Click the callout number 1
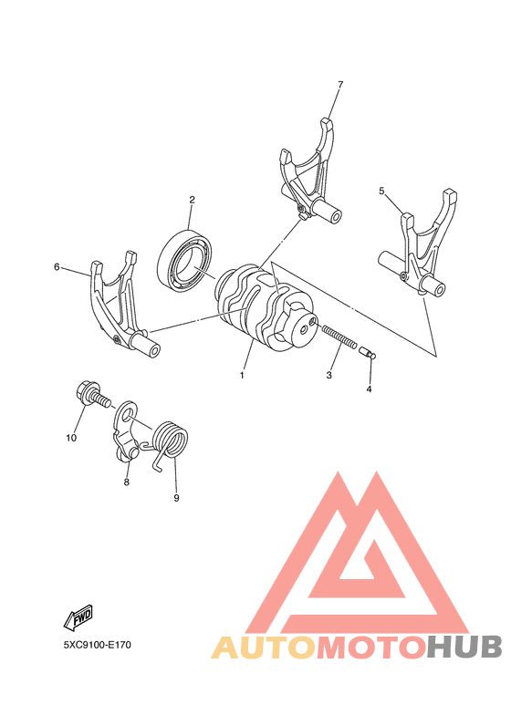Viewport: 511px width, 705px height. pos(243,375)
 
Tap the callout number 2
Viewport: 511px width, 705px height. pos(193,199)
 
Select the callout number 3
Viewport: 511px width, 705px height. pos(329,375)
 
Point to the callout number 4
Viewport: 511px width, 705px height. pos(370,389)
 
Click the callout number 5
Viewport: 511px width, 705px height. pos(382,191)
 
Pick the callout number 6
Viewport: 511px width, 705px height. pos(57,267)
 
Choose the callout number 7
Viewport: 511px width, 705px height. pos(339,85)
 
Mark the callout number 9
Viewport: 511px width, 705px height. pos(176,498)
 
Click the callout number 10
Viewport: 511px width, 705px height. pos(70,438)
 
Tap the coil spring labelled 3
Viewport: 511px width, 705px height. pos(339,337)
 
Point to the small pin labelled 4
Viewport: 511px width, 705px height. pos(367,351)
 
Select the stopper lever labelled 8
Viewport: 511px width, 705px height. pos(127,435)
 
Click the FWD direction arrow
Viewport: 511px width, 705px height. pos(79,618)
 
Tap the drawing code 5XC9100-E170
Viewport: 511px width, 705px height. pos(97,645)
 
